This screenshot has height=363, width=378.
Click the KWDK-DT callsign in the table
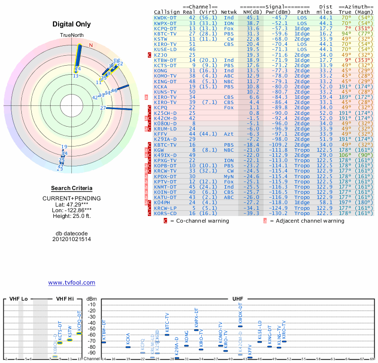tap(165, 17)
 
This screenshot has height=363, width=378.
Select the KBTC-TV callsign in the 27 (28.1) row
tap(165, 34)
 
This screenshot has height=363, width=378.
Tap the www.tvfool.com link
tap(71, 283)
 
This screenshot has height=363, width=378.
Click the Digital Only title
tap(72, 25)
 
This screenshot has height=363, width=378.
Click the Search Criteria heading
tap(71, 188)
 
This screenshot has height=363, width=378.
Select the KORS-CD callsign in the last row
tap(165, 213)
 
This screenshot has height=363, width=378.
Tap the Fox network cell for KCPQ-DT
tap(229, 28)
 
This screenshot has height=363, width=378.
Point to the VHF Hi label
tap(65, 299)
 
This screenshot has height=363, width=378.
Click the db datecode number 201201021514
tap(71, 239)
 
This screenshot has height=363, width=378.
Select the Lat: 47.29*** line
tap(71, 205)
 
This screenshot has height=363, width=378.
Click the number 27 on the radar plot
tap(103, 108)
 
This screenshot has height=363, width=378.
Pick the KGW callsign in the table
tap(159, 149)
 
